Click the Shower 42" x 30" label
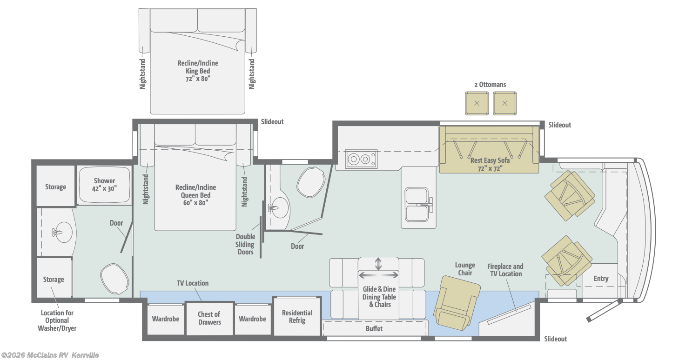(x=104, y=184)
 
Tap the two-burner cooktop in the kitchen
(x=362, y=160)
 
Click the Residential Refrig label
(x=297, y=317)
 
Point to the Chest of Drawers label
(x=209, y=318)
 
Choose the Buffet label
(x=374, y=329)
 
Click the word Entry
(x=601, y=279)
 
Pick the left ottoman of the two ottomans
(x=477, y=103)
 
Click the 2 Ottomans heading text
(x=490, y=85)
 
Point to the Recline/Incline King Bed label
(x=198, y=71)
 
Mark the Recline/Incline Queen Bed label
(x=195, y=195)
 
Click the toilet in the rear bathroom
(x=114, y=279)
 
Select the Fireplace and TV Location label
(x=505, y=270)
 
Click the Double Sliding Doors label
(x=245, y=244)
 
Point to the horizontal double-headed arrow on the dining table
(x=378, y=275)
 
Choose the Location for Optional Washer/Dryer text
(x=57, y=320)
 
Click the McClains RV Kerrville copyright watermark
(x=50, y=355)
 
